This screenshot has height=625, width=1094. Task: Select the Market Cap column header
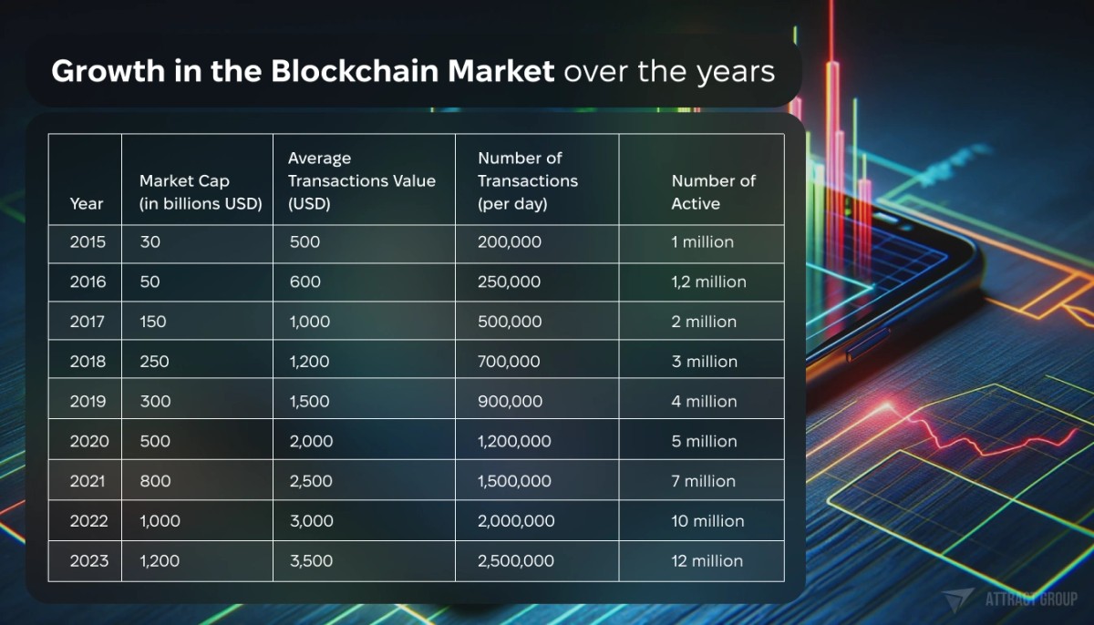coord(201,192)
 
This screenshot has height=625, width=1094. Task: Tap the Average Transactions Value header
coord(361,180)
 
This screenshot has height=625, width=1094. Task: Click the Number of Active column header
coord(713,192)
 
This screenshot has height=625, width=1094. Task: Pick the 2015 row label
coord(88,242)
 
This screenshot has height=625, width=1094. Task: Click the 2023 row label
coord(88,561)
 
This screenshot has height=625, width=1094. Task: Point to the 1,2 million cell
coord(708,282)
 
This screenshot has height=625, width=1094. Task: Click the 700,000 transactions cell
coord(509,362)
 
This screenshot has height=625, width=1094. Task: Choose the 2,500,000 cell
coord(516,561)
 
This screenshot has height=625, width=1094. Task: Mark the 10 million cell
coord(707,521)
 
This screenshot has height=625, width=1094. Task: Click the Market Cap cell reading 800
coord(155,481)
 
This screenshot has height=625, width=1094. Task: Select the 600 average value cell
coord(304,282)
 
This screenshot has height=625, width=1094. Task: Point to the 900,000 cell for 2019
coord(510,402)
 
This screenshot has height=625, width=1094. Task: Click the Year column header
coord(87,204)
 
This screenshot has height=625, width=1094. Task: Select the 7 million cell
coord(703,481)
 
